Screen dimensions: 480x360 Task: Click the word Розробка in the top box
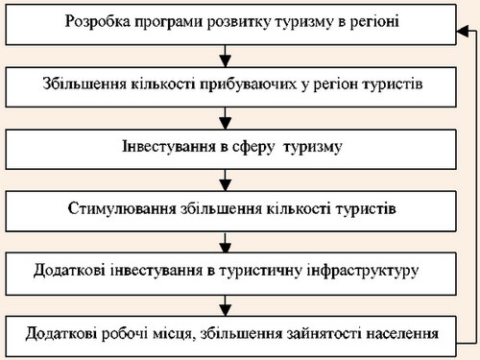(98, 22)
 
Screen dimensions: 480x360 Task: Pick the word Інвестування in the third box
(169, 147)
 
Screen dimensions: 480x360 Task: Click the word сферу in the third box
(253, 148)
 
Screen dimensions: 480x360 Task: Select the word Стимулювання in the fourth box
(122, 209)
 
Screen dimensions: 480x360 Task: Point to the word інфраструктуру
(363, 272)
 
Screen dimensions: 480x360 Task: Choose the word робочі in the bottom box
(125, 333)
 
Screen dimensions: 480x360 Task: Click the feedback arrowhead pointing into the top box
(463, 32)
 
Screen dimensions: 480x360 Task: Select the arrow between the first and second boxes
(226, 56)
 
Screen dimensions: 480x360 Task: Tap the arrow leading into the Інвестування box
(226, 118)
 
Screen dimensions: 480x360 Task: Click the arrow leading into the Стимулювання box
(226, 180)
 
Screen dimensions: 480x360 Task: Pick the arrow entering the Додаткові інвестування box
(226, 242)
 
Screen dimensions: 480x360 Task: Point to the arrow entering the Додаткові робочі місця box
(226, 305)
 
